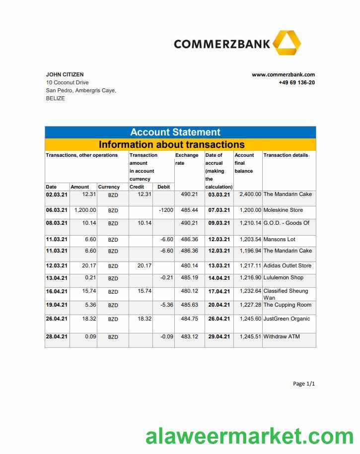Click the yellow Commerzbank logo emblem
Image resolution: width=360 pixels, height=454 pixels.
(x=287, y=43)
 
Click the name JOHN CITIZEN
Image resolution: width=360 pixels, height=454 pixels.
(x=65, y=74)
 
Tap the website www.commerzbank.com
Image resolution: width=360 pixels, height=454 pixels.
(x=283, y=74)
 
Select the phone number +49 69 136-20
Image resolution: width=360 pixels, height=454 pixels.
(x=296, y=82)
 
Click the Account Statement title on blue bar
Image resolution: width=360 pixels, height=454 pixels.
(x=175, y=132)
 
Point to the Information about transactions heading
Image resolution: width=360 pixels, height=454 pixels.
(x=171, y=144)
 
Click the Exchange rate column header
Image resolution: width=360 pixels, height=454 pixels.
(x=187, y=159)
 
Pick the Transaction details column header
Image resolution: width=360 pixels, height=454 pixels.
(x=286, y=155)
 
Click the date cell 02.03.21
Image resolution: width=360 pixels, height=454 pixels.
(x=57, y=195)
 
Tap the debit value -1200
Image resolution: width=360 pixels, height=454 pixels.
(x=166, y=210)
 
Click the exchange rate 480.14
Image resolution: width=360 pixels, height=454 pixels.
(x=189, y=265)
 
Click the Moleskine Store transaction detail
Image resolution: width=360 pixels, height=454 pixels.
(x=283, y=210)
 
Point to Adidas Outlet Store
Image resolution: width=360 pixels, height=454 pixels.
(x=287, y=265)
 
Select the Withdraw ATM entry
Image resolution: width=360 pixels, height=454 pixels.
(x=282, y=336)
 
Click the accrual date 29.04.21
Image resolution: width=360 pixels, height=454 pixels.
(x=219, y=337)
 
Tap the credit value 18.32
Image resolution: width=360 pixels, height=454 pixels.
(x=144, y=319)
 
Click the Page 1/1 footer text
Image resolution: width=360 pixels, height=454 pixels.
(x=304, y=384)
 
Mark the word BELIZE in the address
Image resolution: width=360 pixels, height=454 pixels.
(x=55, y=98)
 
